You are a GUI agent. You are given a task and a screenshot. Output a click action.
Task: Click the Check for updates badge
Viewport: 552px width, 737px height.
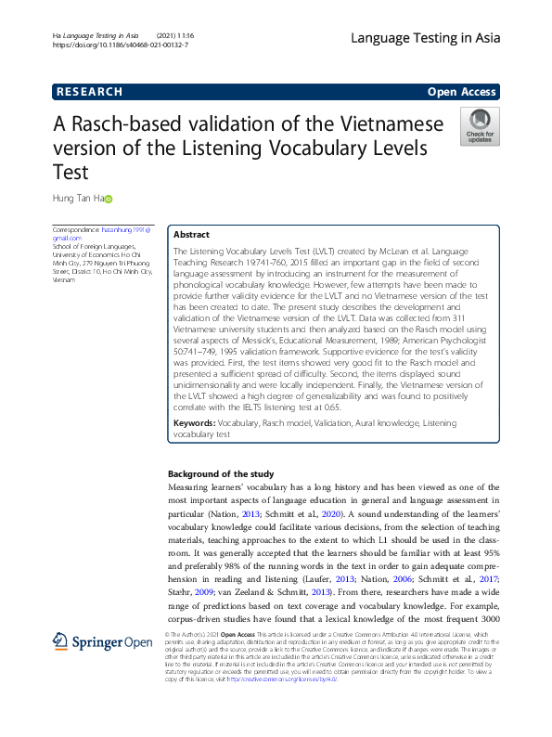click(479, 126)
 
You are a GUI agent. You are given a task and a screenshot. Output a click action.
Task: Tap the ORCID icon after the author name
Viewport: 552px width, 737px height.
click(108, 198)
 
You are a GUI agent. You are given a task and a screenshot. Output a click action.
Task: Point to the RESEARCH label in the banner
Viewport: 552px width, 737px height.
click(89, 92)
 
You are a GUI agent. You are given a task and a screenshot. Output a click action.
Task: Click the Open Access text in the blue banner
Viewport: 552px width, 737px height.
click(462, 92)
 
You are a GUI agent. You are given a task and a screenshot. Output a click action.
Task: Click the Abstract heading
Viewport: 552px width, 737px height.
click(192, 235)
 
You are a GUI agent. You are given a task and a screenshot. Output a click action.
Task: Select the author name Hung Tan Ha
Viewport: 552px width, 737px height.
click(76, 198)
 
